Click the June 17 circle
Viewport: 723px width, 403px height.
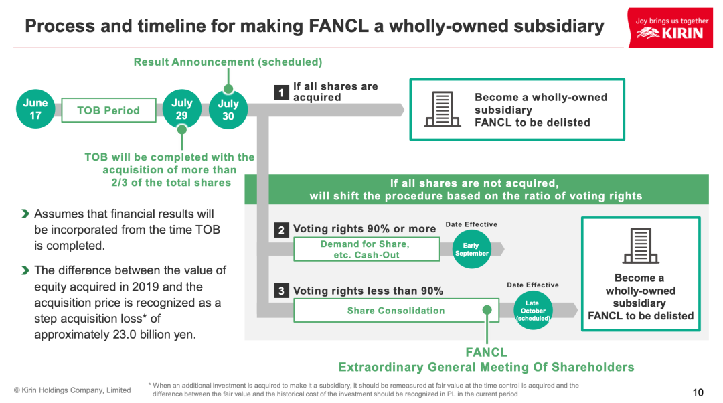pyautogui.click(x=35, y=110)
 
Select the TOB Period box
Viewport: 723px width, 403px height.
pyautogui.click(x=108, y=110)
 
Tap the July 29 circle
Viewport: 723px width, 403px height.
pyautogui.click(x=181, y=110)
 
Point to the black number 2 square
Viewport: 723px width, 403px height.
pyautogui.click(x=282, y=230)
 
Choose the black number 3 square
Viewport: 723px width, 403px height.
pyautogui.click(x=282, y=291)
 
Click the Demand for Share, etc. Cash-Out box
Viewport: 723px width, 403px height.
pyautogui.click(x=366, y=249)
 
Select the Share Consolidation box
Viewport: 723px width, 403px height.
pyautogui.click(x=396, y=311)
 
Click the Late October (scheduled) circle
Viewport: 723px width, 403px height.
pyautogui.click(x=532, y=311)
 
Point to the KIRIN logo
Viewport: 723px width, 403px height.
pyautogui.click(x=669, y=28)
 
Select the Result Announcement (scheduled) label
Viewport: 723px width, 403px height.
pyautogui.click(x=228, y=62)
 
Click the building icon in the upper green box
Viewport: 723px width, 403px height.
pyautogui.click(x=442, y=110)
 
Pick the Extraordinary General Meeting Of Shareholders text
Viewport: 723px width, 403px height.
pyautogui.click(x=486, y=367)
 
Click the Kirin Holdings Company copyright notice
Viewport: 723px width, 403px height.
pyautogui.click(x=72, y=390)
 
